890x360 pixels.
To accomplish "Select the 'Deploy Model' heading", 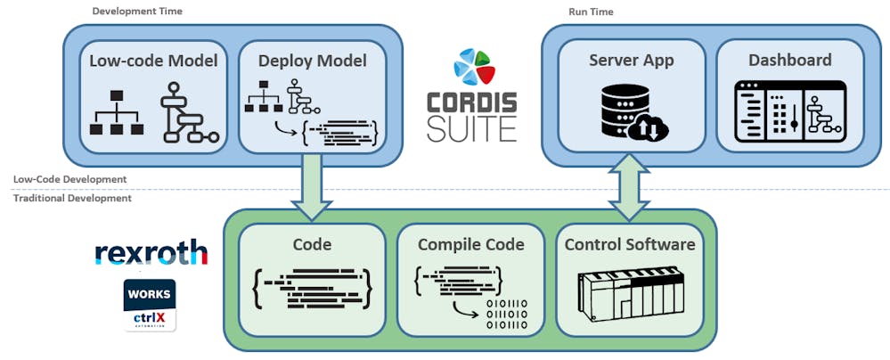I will click(x=312, y=61).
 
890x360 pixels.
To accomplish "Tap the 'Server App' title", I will click(x=630, y=61).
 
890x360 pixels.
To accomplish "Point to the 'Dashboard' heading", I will click(x=789, y=61).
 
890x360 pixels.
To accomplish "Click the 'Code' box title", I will click(x=312, y=244).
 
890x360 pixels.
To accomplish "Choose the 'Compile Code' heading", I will click(x=469, y=244).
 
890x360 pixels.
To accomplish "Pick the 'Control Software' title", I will click(x=629, y=244).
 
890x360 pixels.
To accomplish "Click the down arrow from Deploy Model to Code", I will click(x=312, y=185).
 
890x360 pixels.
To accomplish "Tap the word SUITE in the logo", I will click(x=471, y=128).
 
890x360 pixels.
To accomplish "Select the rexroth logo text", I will click(x=151, y=253).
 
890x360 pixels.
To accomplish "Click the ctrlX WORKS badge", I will click(x=150, y=305).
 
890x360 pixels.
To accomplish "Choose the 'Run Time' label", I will click(x=591, y=12).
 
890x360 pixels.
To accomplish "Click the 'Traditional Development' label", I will click(x=72, y=198).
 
